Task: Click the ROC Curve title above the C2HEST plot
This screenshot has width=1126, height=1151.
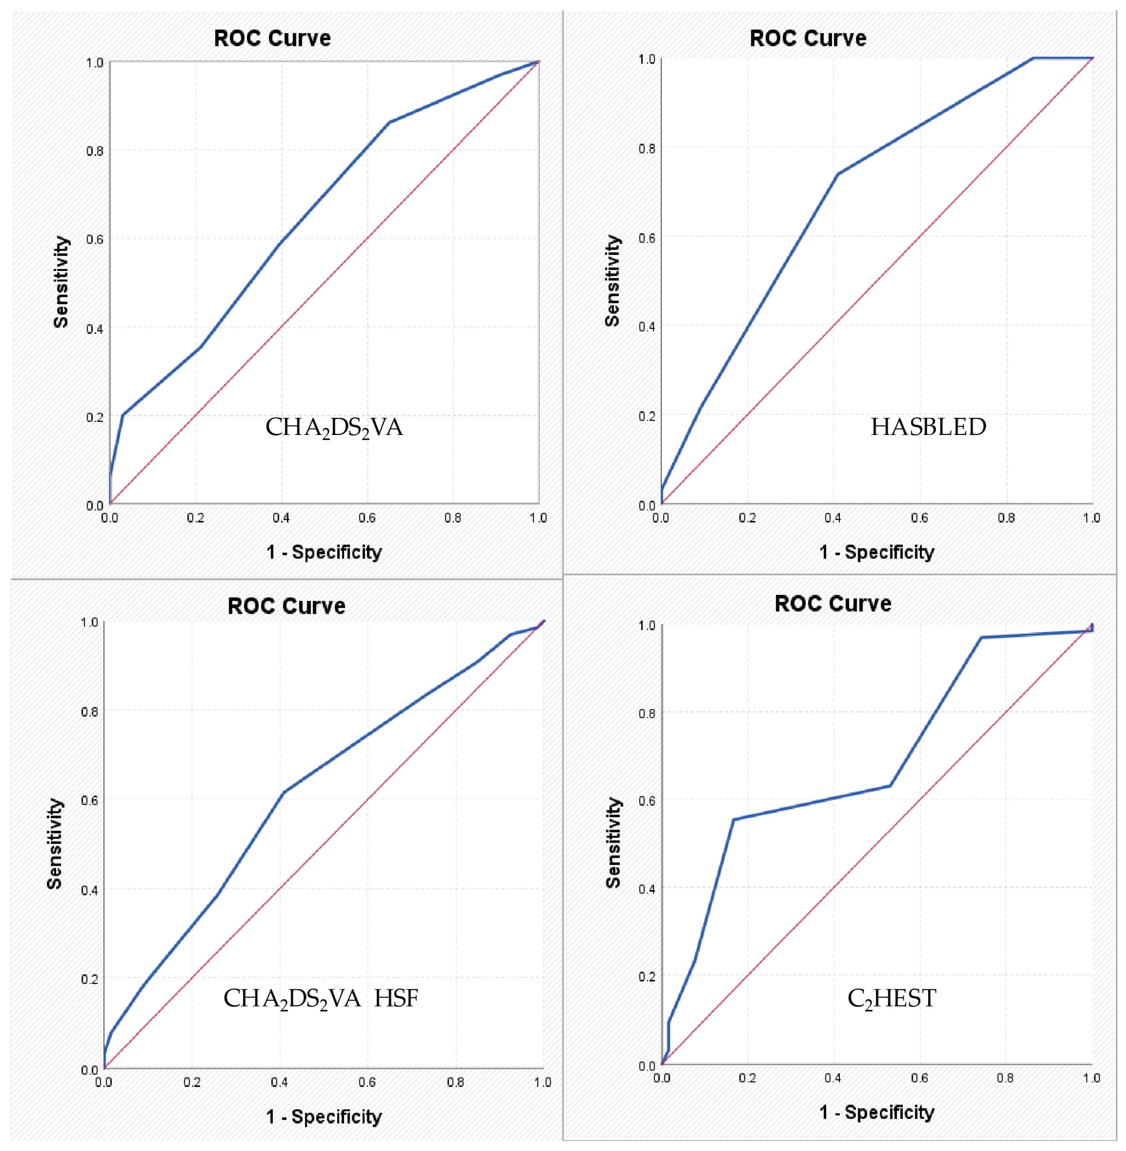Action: point(832,603)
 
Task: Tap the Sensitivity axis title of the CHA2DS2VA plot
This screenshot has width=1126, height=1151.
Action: point(61,282)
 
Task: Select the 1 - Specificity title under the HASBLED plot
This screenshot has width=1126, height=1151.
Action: point(876,552)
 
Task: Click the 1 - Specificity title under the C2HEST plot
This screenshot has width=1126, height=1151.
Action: point(876,1112)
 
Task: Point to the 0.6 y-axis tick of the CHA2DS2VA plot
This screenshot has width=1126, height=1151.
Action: point(95,239)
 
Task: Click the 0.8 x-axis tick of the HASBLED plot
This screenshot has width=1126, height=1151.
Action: point(1006,518)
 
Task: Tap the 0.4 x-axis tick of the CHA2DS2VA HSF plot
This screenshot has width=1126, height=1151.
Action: point(279,1082)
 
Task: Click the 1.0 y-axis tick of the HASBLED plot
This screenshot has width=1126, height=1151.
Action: point(647,59)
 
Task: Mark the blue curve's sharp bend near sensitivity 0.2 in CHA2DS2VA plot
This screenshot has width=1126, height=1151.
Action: point(123,415)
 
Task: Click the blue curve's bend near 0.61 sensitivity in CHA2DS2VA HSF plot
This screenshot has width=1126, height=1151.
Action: point(284,792)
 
